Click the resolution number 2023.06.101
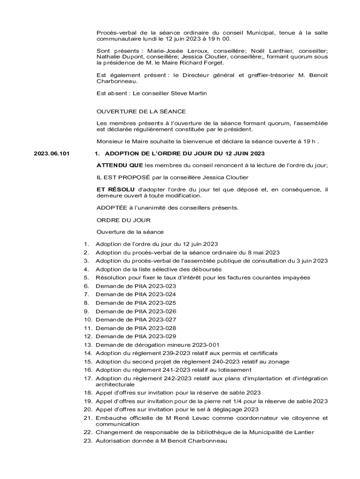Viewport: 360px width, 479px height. point(51,153)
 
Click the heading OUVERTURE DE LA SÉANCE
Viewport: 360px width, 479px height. point(141,111)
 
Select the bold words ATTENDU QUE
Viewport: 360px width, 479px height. point(120,165)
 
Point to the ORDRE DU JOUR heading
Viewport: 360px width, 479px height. point(123,219)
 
